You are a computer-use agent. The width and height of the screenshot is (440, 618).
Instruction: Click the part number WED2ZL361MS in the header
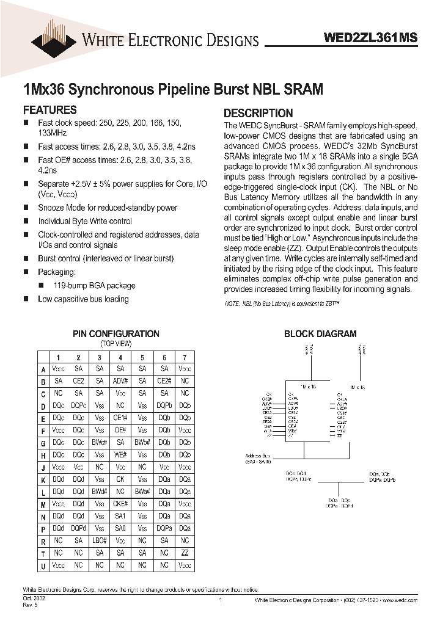click(370, 38)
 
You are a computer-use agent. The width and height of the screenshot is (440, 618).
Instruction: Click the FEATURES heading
click(50, 111)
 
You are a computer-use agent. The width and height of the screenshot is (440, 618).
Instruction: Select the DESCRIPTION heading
click(258, 114)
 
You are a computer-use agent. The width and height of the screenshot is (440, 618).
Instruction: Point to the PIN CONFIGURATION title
click(116, 334)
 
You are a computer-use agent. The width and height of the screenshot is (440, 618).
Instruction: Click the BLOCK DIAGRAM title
click(320, 334)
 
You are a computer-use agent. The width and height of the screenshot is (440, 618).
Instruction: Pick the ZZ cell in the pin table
click(185, 553)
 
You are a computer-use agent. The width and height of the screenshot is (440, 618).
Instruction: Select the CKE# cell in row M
click(120, 504)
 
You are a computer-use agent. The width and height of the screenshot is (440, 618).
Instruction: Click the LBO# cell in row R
click(100, 540)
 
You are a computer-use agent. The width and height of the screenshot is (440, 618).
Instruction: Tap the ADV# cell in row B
click(120, 381)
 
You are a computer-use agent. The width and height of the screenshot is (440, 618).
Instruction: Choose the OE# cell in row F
click(120, 430)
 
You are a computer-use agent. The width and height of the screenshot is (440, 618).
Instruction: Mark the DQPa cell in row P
click(164, 528)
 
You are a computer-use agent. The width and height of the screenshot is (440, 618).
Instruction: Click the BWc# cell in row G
click(100, 442)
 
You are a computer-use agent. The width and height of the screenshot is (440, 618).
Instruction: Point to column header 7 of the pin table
click(185, 357)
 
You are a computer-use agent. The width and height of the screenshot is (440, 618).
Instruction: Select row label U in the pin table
click(43, 565)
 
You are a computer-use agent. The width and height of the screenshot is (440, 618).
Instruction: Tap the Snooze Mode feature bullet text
click(108, 208)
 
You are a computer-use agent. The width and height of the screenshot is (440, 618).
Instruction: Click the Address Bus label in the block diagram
click(257, 456)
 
